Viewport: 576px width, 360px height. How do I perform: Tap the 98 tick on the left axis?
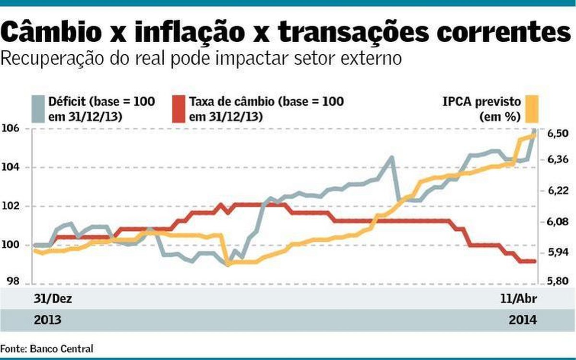12,282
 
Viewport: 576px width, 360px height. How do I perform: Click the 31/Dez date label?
52,299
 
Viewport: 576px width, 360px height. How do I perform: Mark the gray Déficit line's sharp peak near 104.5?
392,157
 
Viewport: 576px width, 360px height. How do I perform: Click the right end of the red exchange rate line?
534,261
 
